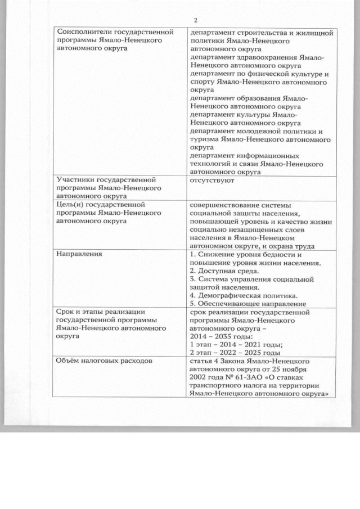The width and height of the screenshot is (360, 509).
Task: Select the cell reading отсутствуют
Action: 212,181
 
